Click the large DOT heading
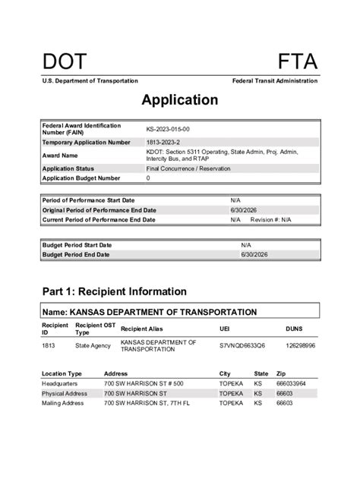(x=65, y=61)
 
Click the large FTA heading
(x=297, y=61)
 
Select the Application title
(x=179, y=100)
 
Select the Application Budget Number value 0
(x=148, y=178)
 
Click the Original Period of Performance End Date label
(x=99, y=209)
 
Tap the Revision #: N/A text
(x=271, y=219)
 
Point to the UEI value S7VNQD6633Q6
(x=242, y=345)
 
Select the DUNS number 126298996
(x=300, y=345)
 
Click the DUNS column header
(x=295, y=329)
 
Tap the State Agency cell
(x=92, y=345)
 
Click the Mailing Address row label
(x=62, y=403)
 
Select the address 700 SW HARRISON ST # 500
(x=143, y=384)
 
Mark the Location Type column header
(x=62, y=374)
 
